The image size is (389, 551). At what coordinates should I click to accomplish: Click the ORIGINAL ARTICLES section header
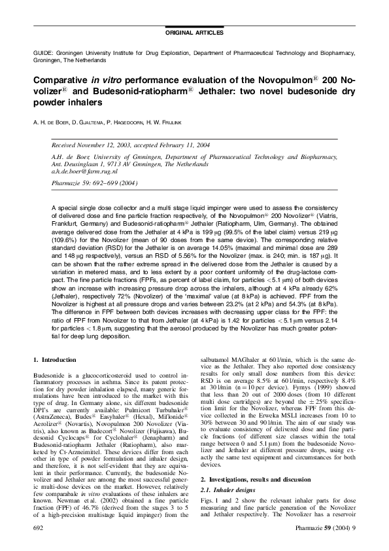coord(195,33)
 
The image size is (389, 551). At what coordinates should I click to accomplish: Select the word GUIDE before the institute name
coord(42,51)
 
